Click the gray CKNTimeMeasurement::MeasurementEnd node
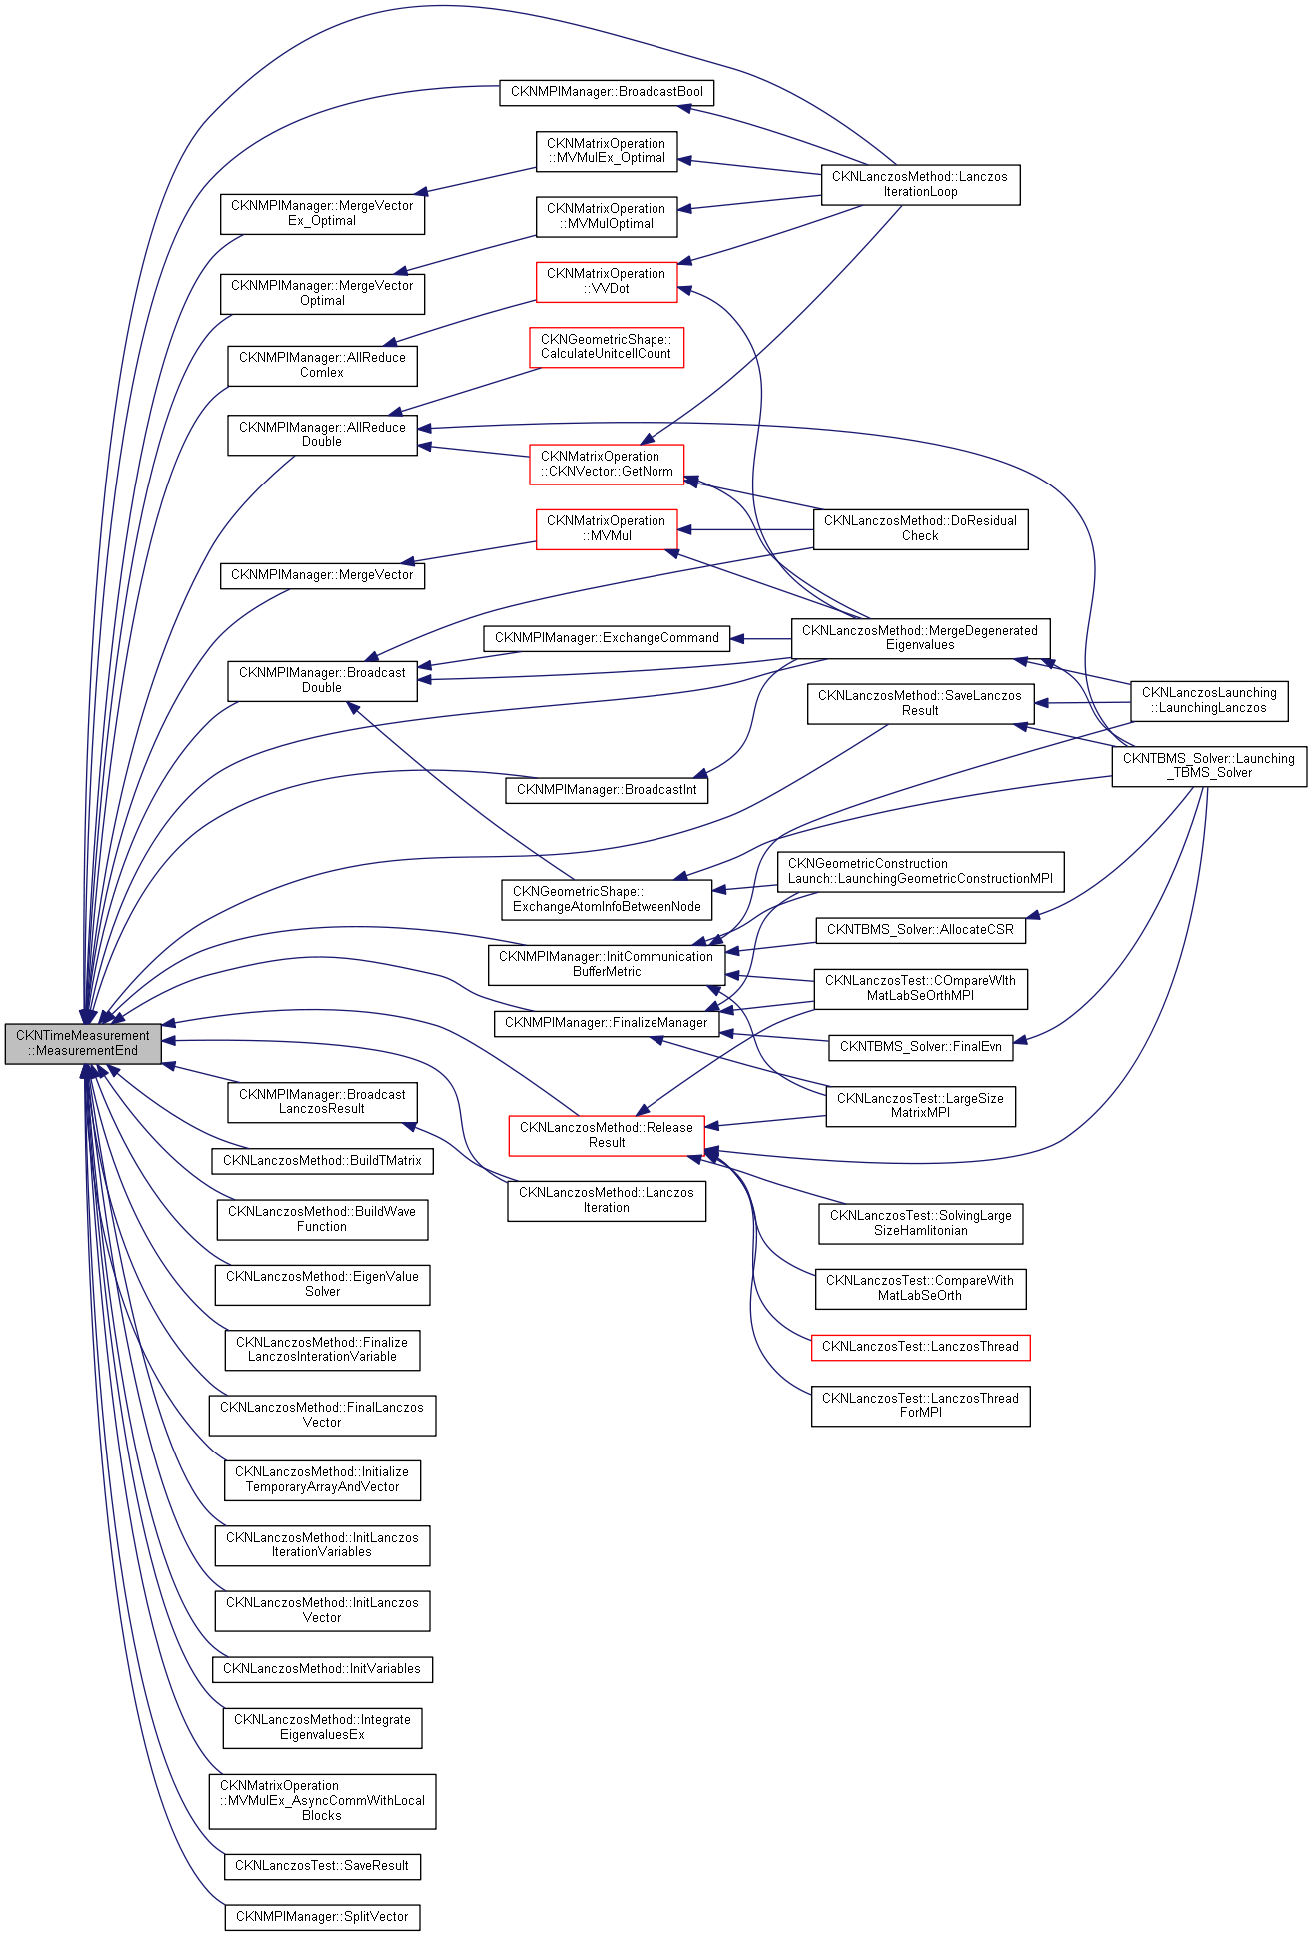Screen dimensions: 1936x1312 tap(83, 1043)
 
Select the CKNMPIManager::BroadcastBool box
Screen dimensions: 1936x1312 tap(607, 92)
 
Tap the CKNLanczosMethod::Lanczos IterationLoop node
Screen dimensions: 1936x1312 tap(920, 184)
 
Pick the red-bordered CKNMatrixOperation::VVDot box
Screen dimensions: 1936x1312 tap(607, 281)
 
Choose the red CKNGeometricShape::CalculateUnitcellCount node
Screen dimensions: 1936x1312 tap(607, 347)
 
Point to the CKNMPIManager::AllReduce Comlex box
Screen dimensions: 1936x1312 tap(322, 365)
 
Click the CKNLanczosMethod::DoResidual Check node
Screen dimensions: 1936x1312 tap(920, 528)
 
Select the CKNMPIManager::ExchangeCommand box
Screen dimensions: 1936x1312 tap(607, 638)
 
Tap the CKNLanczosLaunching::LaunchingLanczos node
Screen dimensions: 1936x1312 tap(1209, 700)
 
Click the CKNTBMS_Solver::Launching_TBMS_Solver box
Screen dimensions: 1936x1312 tap(1209, 765)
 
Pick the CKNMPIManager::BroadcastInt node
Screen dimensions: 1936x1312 tap(607, 790)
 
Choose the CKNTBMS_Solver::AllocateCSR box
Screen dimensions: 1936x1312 tap(920, 930)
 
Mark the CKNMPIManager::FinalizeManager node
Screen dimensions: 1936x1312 tap(607, 1023)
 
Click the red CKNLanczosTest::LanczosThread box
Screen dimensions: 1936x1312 tap(920, 1347)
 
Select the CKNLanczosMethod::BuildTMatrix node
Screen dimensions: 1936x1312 tap(322, 1161)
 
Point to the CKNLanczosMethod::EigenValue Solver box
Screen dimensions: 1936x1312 tap(322, 1284)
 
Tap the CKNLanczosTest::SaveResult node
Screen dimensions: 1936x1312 tap(322, 1866)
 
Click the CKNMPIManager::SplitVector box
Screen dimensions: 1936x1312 tap(322, 1917)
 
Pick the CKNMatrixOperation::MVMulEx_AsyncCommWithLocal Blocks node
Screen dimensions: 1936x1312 tap(322, 1801)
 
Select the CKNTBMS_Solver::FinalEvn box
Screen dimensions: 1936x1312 tap(920, 1047)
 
